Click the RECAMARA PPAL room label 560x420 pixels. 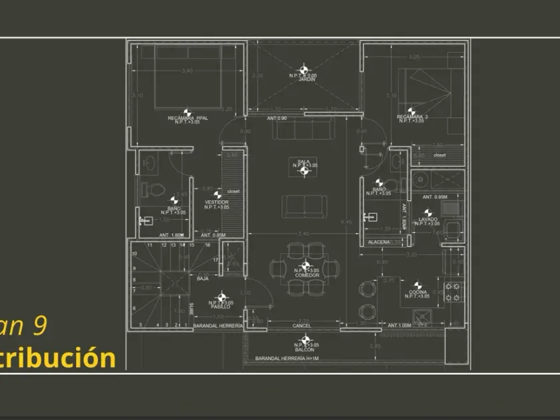click(x=187, y=117)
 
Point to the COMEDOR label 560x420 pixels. click(x=307, y=275)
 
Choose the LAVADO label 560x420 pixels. click(x=428, y=219)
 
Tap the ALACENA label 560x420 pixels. click(x=379, y=242)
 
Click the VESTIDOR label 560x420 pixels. click(x=217, y=202)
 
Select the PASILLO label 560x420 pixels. click(x=220, y=306)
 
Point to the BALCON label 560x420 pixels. click(x=305, y=349)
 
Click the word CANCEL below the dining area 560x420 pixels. click(x=301, y=326)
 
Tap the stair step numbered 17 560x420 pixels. click(x=215, y=259)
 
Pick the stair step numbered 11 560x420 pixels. click(x=150, y=245)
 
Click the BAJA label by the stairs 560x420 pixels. click(x=203, y=278)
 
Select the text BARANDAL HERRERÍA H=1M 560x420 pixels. click(x=286, y=359)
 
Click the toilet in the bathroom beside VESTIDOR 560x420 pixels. click(x=155, y=189)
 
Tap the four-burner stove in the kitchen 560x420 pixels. click(x=453, y=291)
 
